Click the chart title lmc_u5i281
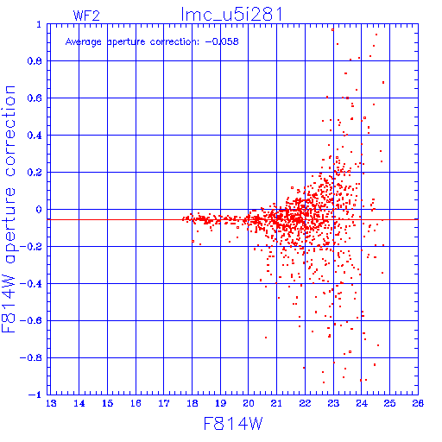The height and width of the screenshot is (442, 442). (x=231, y=15)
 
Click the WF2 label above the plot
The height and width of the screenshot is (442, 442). (x=86, y=16)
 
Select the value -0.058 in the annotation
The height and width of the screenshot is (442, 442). (x=222, y=41)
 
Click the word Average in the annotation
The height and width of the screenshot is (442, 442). (x=84, y=42)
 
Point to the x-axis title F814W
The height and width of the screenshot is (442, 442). (x=233, y=423)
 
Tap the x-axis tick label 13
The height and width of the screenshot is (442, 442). (x=51, y=403)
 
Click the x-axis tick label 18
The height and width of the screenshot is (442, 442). (x=193, y=403)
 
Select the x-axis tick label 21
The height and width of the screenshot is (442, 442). (x=276, y=403)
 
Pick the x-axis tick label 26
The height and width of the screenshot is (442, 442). (x=418, y=403)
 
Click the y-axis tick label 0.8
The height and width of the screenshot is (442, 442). (x=35, y=61)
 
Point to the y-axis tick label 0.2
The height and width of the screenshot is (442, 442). (x=35, y=173)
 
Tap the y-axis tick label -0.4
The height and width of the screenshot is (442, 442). (x=31, y=284)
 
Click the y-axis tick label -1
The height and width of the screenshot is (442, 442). (x=35, y=395)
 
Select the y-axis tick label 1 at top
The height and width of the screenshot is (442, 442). (x=39, y=24)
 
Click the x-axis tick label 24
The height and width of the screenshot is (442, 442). (x=362, y=403)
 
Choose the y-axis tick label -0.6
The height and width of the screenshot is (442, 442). (x=31, y=320)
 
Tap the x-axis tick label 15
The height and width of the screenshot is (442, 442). (x=107, y=403)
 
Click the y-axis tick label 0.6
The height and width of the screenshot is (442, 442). (x=35, y=98)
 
